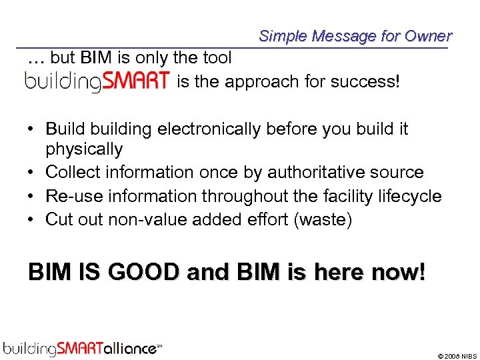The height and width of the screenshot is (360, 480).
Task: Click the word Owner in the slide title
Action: (x=428, y=36)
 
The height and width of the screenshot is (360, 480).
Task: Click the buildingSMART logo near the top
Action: (x=97, y=82)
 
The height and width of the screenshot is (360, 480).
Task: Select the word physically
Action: (x=84, y=149)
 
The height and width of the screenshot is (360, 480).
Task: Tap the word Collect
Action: (x=71, y=172)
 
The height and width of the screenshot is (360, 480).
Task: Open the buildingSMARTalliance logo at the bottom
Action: (x=83, y=347)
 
